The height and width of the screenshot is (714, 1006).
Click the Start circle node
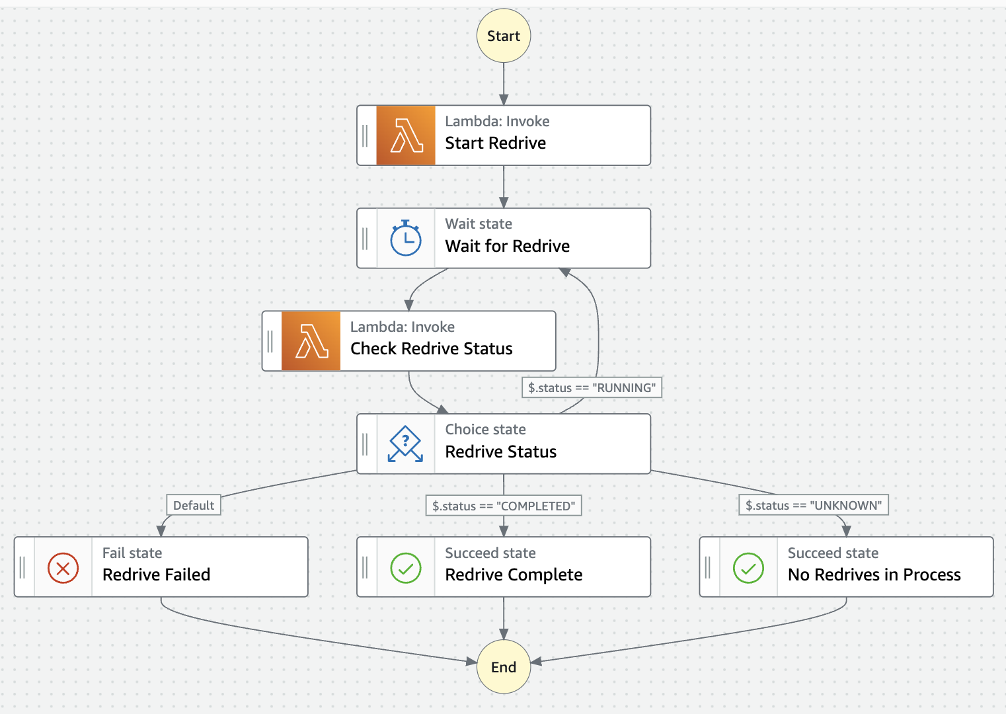click(x=504, y=36)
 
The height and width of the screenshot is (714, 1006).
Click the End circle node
click(x=504, y=666)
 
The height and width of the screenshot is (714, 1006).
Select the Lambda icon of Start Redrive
click(x=406, y=136)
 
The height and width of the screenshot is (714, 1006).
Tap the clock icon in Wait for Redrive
click(x=406, y=239)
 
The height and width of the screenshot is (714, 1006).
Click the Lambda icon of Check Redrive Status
click(x=311, y=341)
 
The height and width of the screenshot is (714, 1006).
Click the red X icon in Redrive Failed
click(x=63, y=567)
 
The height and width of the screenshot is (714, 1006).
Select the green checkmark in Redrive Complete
click(x=406, y=567)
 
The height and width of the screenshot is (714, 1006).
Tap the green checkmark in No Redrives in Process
click(x=748, y=567)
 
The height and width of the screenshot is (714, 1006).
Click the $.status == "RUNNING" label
click(x=592, y=387)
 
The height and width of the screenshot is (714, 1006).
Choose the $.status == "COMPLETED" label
click(x=504, y=506)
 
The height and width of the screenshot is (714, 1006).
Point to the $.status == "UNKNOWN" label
click(x=814, y=505)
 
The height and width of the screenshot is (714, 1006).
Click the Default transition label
click(x=194, y=505)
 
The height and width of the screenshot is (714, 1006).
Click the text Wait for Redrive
click(x=507, y=246)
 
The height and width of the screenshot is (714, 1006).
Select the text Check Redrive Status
click(x=431, y=348)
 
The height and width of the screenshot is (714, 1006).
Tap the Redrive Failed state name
click(x=156, y=575)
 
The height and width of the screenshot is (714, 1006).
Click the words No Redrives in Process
click(x=874, y=575)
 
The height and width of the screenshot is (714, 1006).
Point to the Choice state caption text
click(x=485, y=429)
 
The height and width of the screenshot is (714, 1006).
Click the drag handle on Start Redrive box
click(x=365, y=136)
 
